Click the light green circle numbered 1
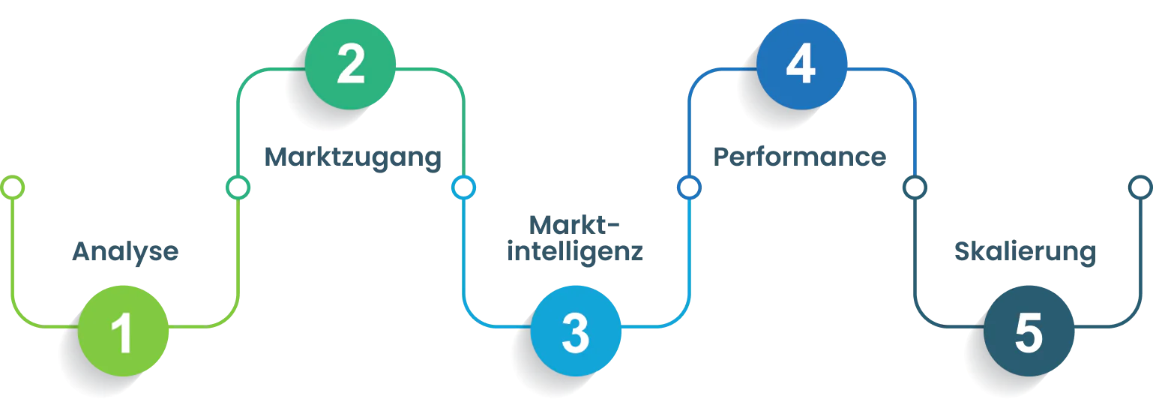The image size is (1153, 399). [124, 331]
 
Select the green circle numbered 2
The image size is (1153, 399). [351, 64]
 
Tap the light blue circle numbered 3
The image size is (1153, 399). [576, 331]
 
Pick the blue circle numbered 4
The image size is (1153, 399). [802, 64]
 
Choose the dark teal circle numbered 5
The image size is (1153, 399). [1029, 331]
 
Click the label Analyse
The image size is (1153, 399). [125, 253]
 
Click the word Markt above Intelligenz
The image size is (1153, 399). [576, 223]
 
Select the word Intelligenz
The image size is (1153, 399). [576, 251]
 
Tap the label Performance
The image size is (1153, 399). [800, 157]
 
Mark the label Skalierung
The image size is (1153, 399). [1025, 253]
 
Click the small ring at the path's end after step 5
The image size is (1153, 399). [1140, 187]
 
